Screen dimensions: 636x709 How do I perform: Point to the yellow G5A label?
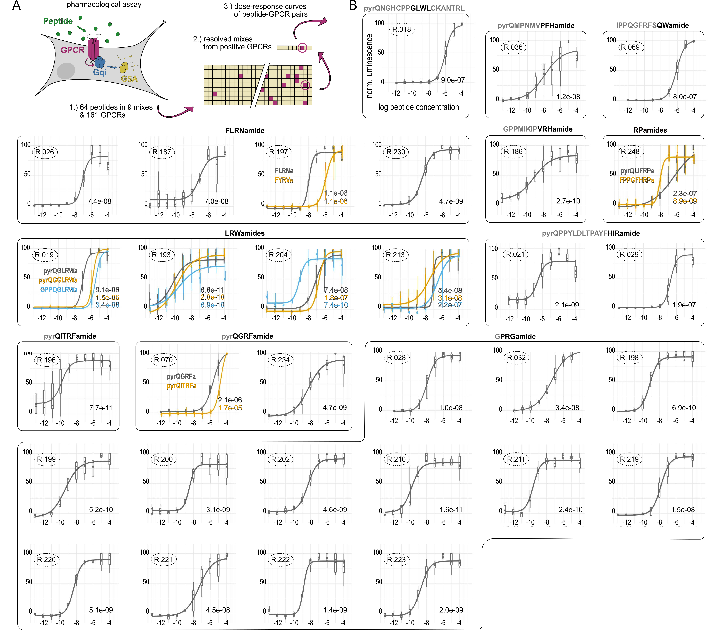pos(129,79)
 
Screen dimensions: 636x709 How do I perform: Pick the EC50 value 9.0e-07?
pos(453,80)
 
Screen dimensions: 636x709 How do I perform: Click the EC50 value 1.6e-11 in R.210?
pos(451,510)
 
